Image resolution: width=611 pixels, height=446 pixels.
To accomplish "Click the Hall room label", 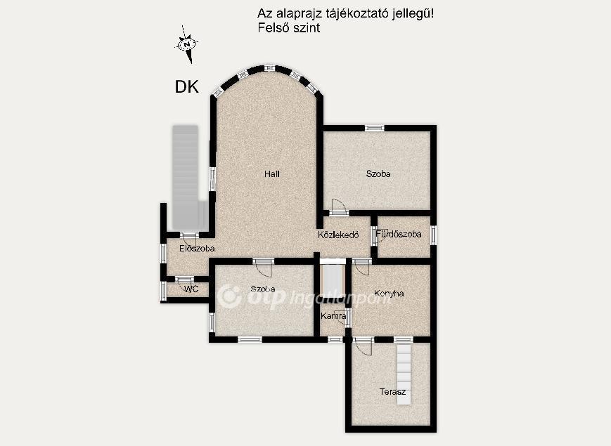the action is pyautogui.click(x=271, y=174).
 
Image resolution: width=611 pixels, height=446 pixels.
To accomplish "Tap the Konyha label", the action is pyautogui.click(x=389, y=294).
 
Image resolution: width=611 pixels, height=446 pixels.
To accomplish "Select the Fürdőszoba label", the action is pyautogui.click(x=399, y=235).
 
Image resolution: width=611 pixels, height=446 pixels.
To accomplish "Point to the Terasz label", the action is pyautogui.click(x=392, y=391).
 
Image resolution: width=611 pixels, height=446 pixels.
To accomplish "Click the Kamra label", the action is pyautogui.click(x=333, y=316).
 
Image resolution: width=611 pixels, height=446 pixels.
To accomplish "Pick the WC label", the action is pyautogui.click(x=191, y=289).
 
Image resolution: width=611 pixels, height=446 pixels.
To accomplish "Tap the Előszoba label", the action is pyautogui.click(x=197, y=249).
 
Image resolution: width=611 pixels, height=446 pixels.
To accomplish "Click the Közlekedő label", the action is pyautogui.click(x=338, y=235).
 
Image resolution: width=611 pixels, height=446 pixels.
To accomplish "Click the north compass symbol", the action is pyautogui.click(x=186, y=44).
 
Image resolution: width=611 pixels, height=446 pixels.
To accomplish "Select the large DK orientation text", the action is pyautogui.click(x=186, y=87).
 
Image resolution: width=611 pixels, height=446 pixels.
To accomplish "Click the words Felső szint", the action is pyautogui.click(x=289, y=28).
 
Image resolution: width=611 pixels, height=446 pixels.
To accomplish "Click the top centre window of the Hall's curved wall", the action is pyautogui.click(x=269, y=68).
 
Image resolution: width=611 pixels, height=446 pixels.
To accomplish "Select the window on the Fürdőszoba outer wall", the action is pyautogui.click(x=433, y=235).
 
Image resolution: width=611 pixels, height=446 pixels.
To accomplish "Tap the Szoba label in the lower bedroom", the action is pyautogui.click(x=263, y=289).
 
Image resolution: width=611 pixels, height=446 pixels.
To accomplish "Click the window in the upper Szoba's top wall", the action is pyautogui.click(x=375, y=128).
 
